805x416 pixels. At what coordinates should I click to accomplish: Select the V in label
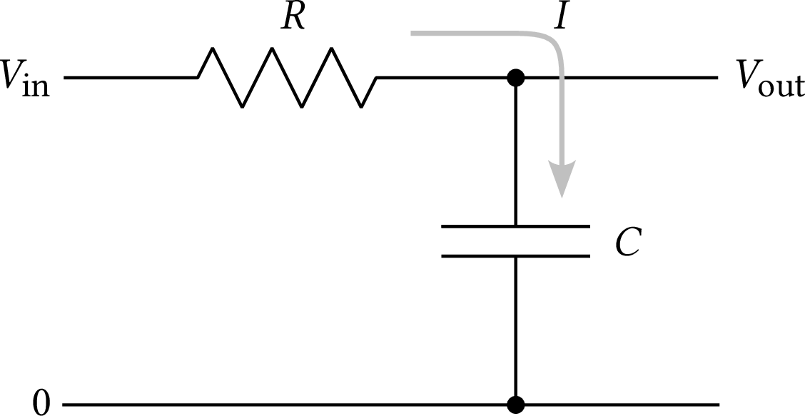point(26,79)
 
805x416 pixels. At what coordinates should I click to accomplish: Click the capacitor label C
point(628,243)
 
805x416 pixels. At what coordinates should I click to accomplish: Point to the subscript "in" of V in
point(39,87)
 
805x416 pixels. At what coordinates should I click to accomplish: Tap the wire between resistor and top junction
point(442,77)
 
